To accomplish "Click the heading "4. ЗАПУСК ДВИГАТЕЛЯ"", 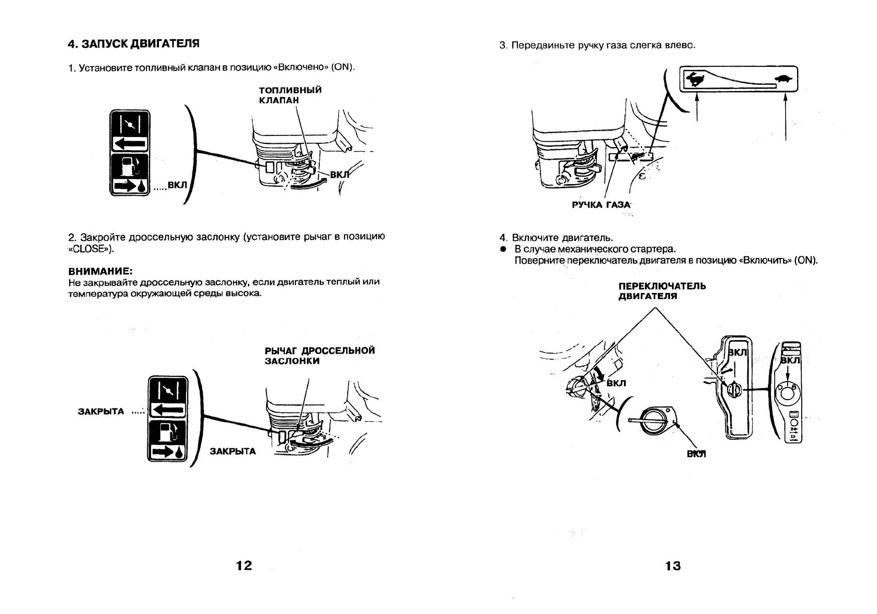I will click(133, 43).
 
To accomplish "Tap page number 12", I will click(244, 565).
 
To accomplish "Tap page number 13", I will click(673, 566).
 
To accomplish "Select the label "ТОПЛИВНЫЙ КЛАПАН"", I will click(290, 95).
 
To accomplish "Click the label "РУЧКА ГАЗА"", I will click(601, 204).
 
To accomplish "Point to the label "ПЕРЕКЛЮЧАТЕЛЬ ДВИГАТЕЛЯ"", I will click(662, 291).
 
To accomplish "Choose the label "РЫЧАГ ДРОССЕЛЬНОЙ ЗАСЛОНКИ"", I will click(319, 356).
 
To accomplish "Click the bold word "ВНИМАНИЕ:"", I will click(100, 271).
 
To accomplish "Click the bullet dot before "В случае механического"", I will click(503, 249).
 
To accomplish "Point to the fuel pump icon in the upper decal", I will click(129, 166).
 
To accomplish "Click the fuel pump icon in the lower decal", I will click(167, 431).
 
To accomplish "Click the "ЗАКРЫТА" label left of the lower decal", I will click(101, 412).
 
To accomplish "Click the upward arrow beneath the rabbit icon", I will click(697, 107).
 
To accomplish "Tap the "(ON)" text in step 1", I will click(342, 67).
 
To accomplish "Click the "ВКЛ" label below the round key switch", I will click(696, 454).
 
